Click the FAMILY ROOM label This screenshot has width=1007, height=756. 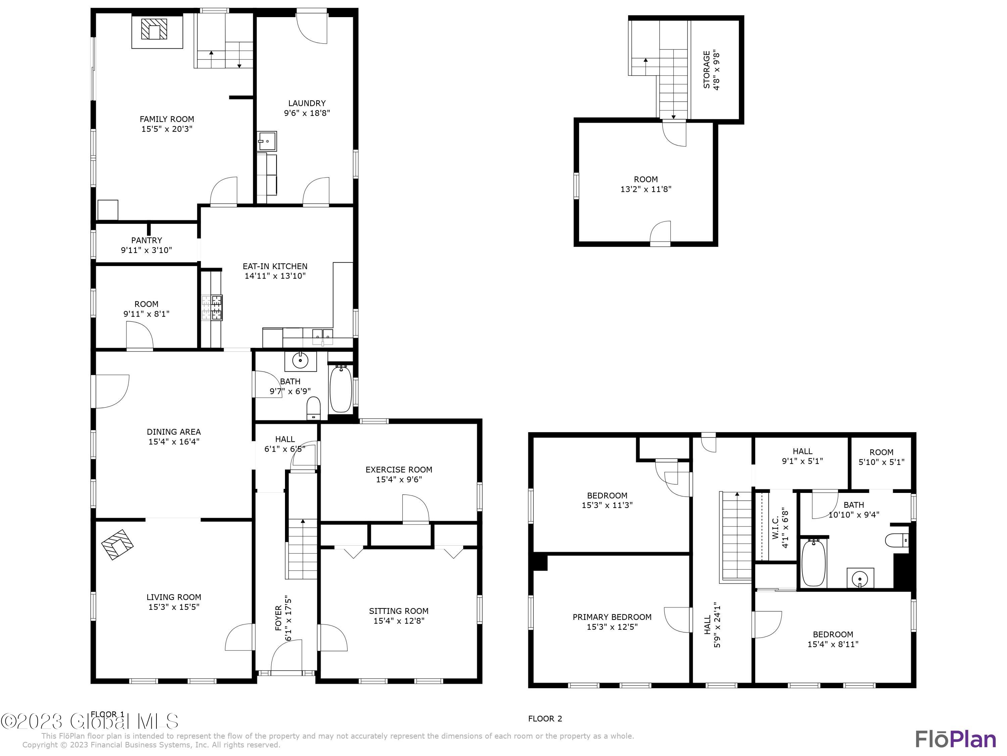(166, 119)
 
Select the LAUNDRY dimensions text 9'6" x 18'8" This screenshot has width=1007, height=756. (307, 113)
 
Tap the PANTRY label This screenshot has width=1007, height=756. (147, 240)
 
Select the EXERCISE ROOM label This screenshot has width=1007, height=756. (399, 469)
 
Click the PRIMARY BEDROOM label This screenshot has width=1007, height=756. (612, 617)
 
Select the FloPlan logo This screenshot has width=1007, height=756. (955, 739)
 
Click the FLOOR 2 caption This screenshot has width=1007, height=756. (545, 719)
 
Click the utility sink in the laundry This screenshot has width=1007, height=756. (267, 141)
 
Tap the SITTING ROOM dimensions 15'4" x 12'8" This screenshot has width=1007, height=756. (399, 621)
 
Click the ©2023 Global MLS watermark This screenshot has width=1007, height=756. (89, 721)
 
